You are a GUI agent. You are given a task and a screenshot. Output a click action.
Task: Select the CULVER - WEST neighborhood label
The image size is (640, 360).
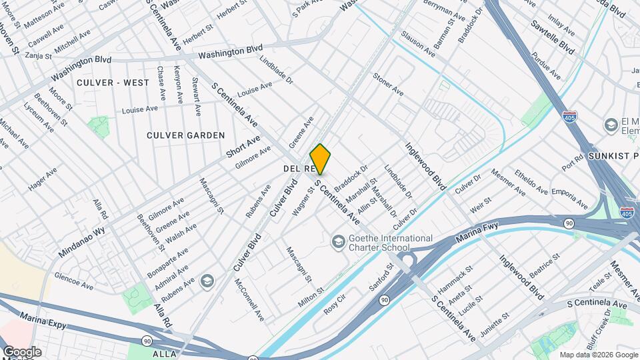coord(113,83)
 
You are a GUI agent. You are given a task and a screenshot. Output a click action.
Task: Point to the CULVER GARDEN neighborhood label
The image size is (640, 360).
coord(187,135)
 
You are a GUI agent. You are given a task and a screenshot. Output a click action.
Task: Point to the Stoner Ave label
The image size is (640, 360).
coord(388,84)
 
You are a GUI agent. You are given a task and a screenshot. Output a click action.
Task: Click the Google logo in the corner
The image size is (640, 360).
coord(21,352)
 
